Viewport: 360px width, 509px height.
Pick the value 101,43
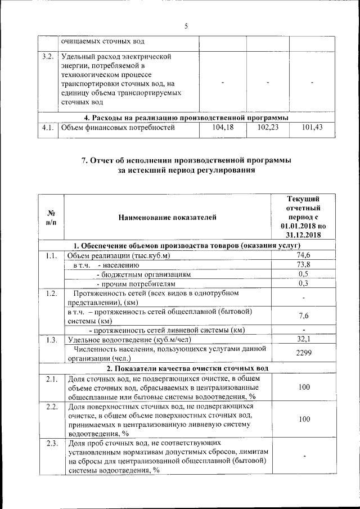(312, 128)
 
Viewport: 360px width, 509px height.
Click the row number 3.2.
(48, 57)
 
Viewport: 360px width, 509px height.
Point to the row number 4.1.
(48, 128)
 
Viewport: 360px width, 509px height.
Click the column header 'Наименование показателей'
(167, 217)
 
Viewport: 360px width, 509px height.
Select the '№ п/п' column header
(51, 217)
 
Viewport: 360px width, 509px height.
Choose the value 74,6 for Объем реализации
(304, 256)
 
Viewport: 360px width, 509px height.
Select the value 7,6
(304, 316)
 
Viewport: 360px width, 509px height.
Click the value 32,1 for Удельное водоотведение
(304, 339)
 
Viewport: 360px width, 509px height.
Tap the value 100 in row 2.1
(304, 388)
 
